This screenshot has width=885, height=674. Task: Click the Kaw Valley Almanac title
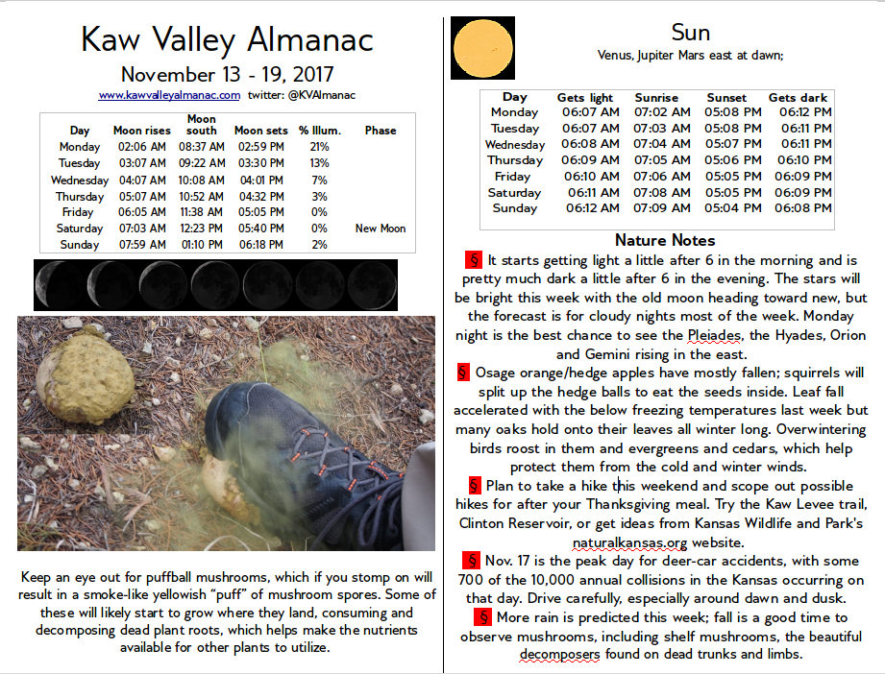point(227,40)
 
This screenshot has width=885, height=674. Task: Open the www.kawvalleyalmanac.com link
point(169,95)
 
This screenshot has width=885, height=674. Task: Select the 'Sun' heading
point(691,32)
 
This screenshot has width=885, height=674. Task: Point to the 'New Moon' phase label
point(381,229)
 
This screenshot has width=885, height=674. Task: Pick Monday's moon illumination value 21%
point(319,147)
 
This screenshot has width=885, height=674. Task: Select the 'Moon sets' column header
point(260,131)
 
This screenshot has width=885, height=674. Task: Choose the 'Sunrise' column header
point(656,97)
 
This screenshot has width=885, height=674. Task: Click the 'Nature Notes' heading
point(665,240)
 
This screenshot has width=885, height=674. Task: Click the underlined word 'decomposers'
point(560,655)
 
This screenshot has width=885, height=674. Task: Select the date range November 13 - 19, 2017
point(227,75)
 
